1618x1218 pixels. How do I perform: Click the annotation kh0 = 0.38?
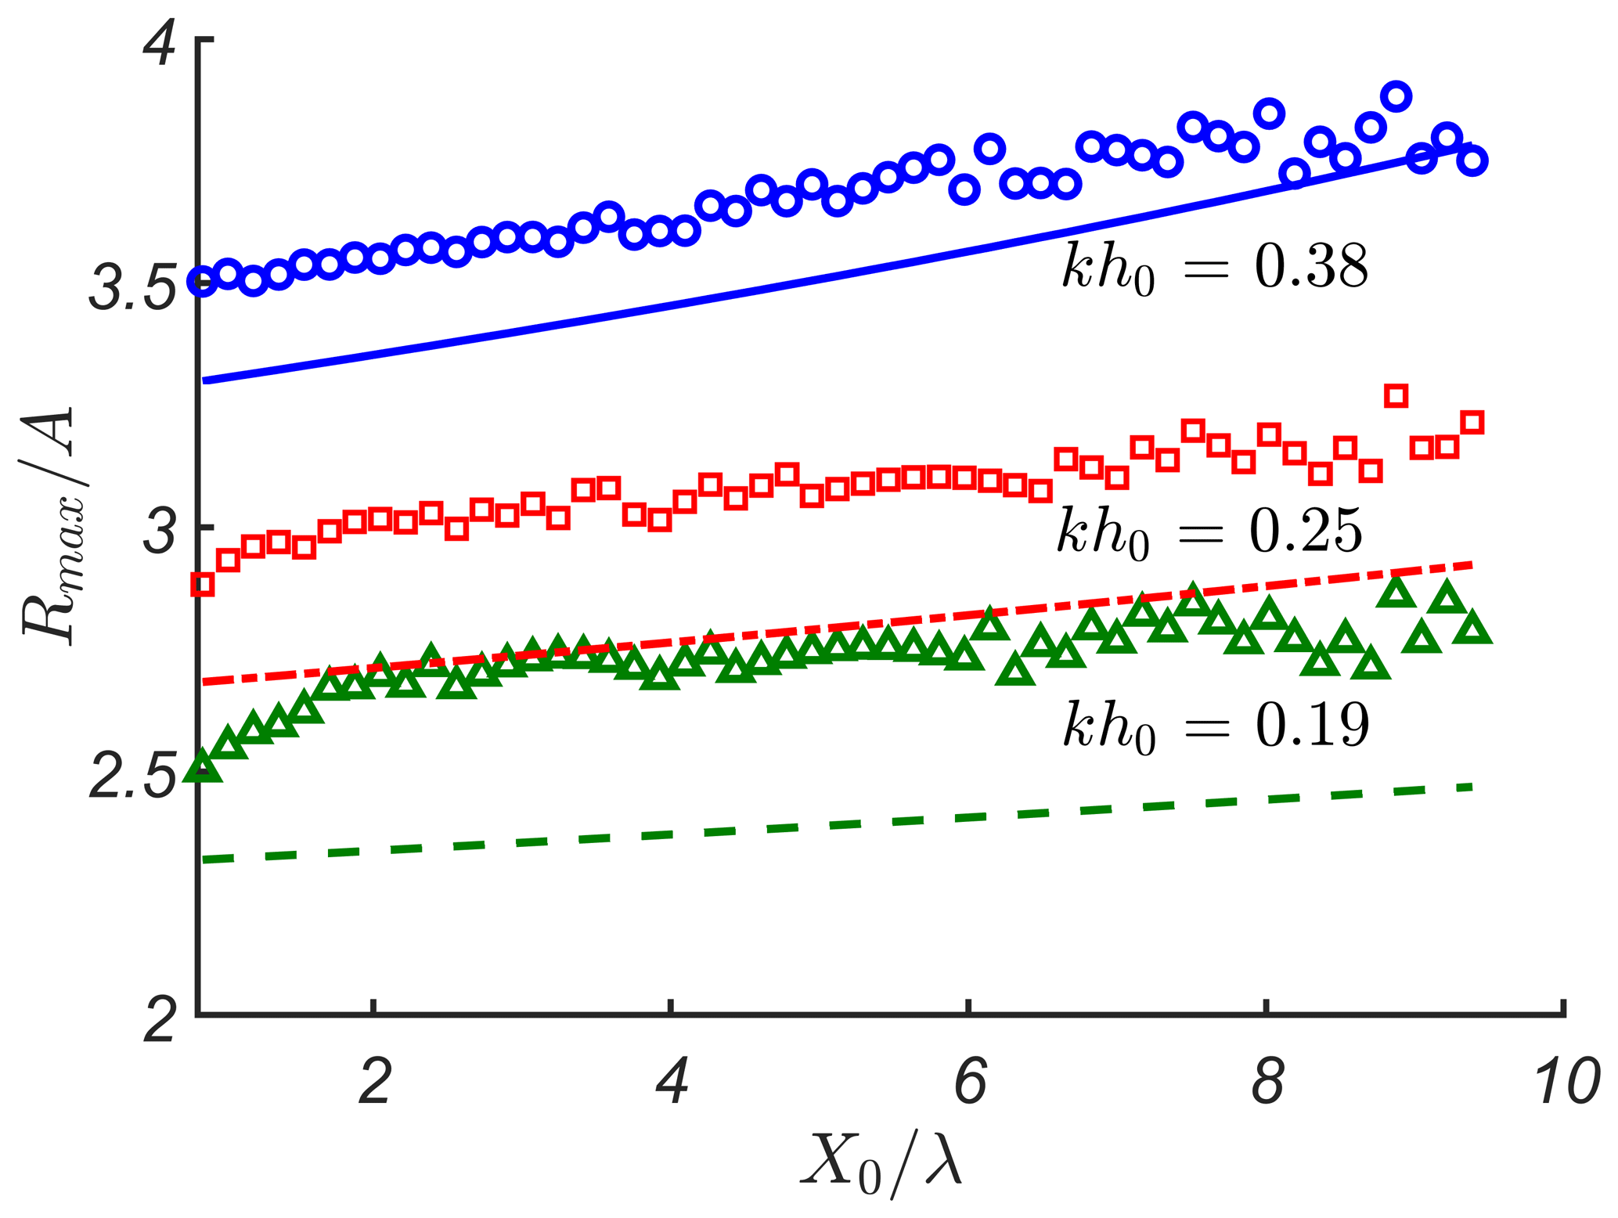pos(1214,268)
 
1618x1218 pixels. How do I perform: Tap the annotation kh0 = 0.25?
pos(1209,532)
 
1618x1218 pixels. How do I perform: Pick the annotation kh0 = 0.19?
pos(1215,726)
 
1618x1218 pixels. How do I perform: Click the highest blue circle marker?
pos(1396,97)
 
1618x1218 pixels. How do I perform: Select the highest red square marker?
pos(1396,395)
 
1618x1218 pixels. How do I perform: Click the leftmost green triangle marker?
pos(203,766)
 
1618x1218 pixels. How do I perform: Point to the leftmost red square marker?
pos(203,584)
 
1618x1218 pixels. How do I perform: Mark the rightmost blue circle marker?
pos(1472,161)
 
